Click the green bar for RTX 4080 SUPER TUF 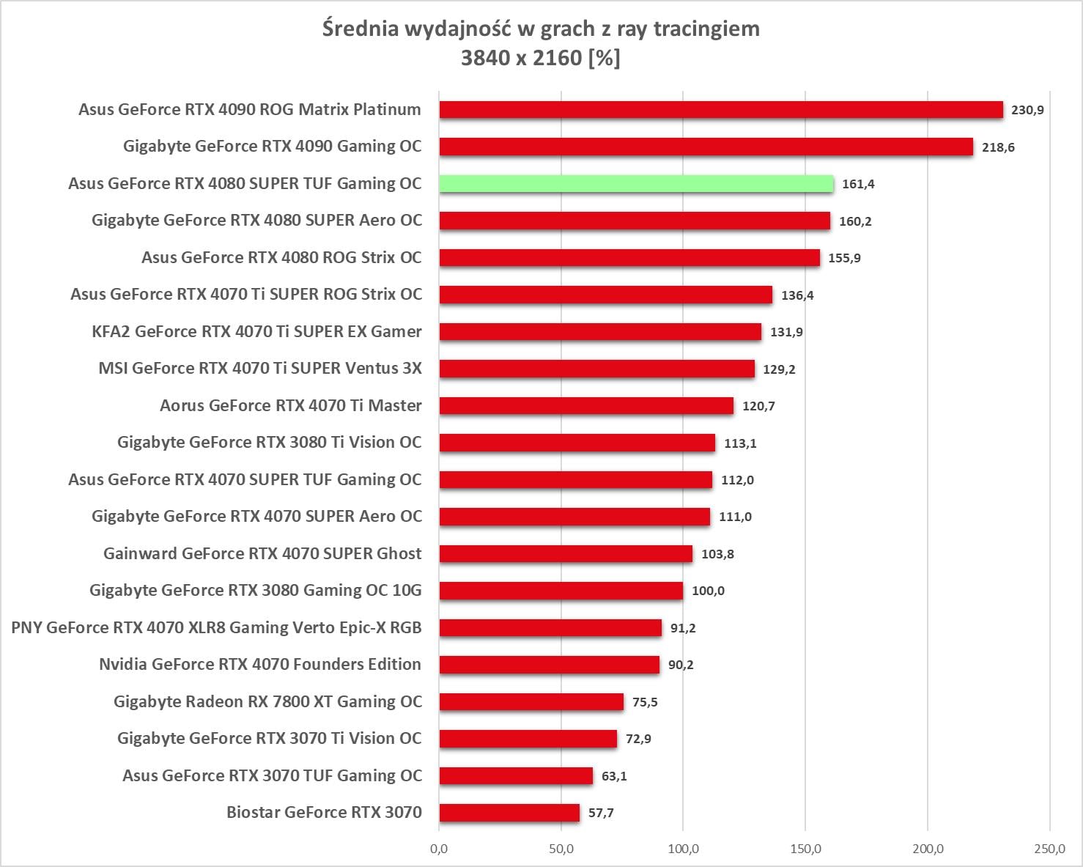(x=636, y=184)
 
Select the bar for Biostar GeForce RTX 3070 (x=509, y=813)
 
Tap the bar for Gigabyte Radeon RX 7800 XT (x=531, y=702)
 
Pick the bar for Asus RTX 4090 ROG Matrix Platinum (x=721, y=110)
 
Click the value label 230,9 (x=1027, y=110)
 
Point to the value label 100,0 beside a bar (x=708, y=591)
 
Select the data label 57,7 (x=601, y=813)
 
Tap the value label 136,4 (x=797, y=295)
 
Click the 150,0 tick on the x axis (x=805, y=849)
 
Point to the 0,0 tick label (x=439, y=849)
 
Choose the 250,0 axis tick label (x=1049, y=849)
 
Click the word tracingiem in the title (x=706, y=29)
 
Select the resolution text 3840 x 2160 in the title (x=521, y=58)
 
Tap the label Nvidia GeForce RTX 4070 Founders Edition (x=260, y=665)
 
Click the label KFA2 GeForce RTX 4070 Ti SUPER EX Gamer (x=256, y=332)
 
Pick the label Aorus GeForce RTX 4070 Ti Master (x=291, y=406)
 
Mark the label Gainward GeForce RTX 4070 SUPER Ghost (x=262, y=554)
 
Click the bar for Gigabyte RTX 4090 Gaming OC (x=706, y=147)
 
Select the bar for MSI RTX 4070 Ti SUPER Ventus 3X (x=596, y=369)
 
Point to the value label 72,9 (x=638, y=739)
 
